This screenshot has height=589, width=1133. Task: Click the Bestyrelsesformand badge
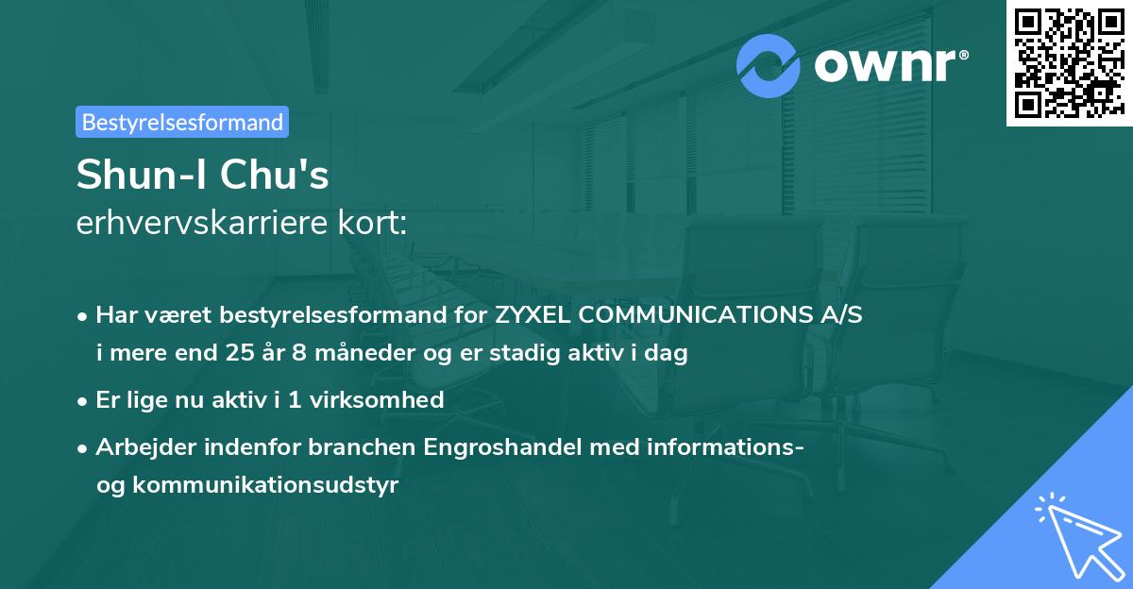click(182, 122)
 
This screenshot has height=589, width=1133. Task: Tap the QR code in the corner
click(1068, 62)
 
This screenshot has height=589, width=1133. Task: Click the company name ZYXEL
click(531, 315)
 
